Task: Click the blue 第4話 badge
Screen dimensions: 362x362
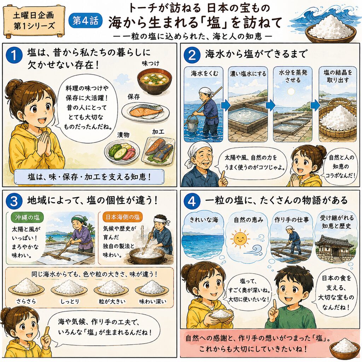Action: [86, 21]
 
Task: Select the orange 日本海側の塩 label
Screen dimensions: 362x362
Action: [123, 217]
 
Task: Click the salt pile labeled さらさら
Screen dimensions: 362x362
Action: [26, 287]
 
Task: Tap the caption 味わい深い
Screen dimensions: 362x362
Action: [153, 302]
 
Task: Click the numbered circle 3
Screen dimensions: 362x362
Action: [14, 201]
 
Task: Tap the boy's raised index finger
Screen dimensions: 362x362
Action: [274, 305]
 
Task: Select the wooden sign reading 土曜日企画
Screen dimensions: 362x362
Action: [34, 21]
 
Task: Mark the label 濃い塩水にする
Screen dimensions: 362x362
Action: [248, 74]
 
